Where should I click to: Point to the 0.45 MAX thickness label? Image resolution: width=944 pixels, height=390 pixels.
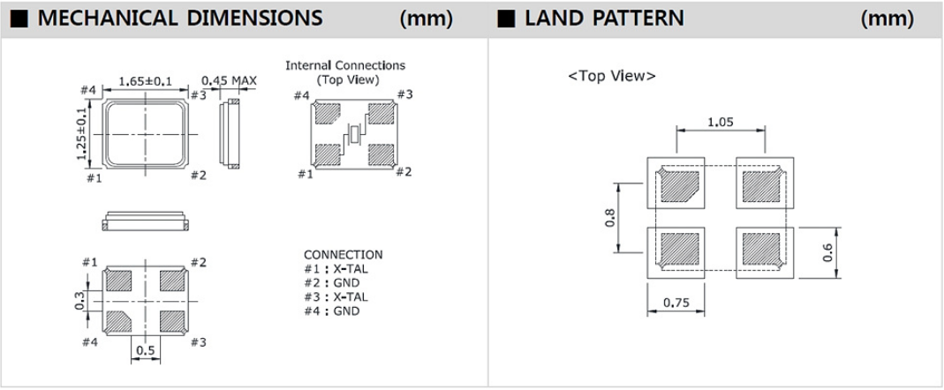click(x=229, y=82)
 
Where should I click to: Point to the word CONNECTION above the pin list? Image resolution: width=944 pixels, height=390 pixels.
click(x=343, y=254)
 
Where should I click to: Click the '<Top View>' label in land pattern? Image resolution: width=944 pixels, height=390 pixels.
click(x=612, y=77)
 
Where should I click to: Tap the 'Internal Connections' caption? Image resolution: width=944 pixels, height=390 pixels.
click(x=345, y=65)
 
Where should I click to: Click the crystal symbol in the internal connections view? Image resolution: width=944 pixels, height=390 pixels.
click(x=353, y=135)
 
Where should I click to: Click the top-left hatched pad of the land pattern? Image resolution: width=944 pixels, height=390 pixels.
click(x=678, y=187)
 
